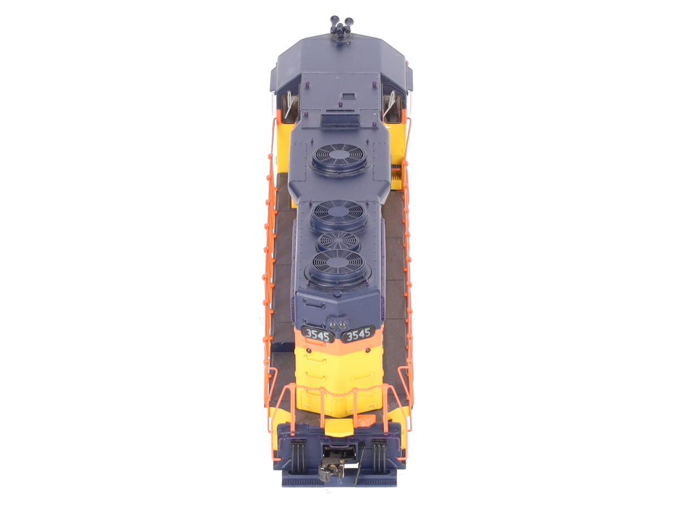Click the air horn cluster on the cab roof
pos(342,25)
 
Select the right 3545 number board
pos(359,334)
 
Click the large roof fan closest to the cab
pos(339,159)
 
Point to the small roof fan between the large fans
pos(338,241)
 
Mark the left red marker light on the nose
pos(309,351)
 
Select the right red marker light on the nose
pos(368,350)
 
